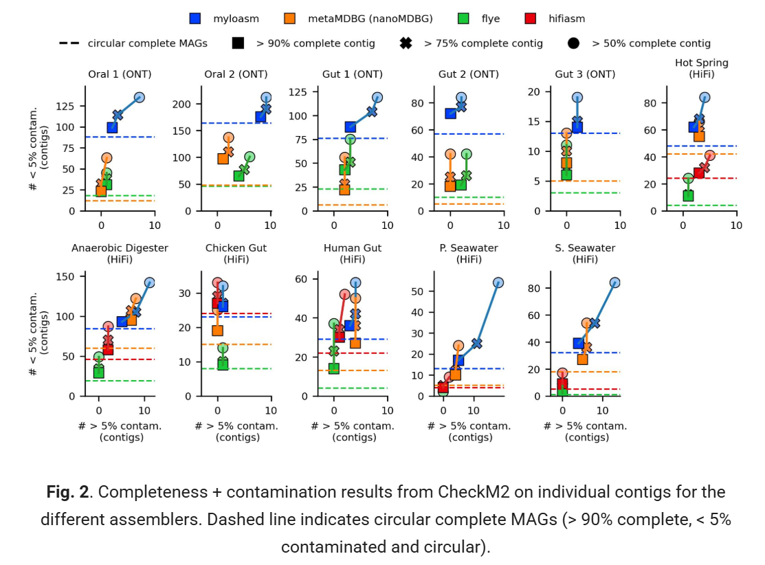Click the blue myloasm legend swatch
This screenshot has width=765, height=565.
point(195,19)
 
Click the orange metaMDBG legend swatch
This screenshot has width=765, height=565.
point(290,19)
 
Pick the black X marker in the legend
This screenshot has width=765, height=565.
point(406,43)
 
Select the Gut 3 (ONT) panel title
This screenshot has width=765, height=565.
point(585,74)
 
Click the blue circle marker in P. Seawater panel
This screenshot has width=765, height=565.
point(498,283)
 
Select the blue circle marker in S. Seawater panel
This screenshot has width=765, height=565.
point(614,283)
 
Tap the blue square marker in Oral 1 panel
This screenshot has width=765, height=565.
point(112,127)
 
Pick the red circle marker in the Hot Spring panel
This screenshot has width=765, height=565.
point(709,156)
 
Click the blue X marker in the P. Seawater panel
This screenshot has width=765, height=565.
point(477,343)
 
